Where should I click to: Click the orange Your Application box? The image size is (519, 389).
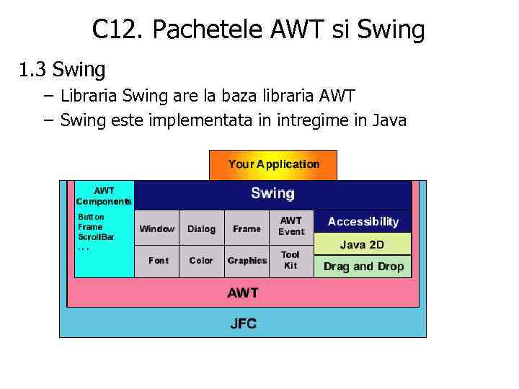pyautogui.click(x=273, y=164)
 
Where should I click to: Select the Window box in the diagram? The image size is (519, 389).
pyautogui.click(x=156, y=228)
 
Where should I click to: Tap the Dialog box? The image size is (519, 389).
pyautogui.click(x=201, y=228)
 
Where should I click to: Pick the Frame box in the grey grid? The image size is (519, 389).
pyautogui.click(x=247, y=228)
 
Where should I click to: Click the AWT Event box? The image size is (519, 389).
pyautogui.click(x=291, y=226)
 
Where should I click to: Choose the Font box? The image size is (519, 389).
pyautogui.click(x=158, y=260)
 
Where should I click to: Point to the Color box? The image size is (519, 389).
pyautogui.click(x=201, y=260)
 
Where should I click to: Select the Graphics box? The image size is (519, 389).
pyautogui.click(x=247, y=260)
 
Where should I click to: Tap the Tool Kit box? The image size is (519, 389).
pyautogui.click(x=290, y=260)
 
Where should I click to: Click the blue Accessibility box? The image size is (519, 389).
pyautogui.click(x=363, y=222)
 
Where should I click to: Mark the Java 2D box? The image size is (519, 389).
pyautogui.click(x=363, y=244)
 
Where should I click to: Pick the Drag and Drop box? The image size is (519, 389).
pyautogui.click(x=363, y=267)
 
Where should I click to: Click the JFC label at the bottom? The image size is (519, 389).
pyautogui.click(x=243, y=323)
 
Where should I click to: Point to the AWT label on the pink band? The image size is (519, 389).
pyautogui.click(x=243, y=292)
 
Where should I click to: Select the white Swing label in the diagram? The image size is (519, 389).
pyautogui.click(x=272, y=193)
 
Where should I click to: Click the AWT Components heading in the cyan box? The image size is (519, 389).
pyautogui.click(x=104, y=196)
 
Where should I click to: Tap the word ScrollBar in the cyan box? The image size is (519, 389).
pyautogui.click(x=96, y=236)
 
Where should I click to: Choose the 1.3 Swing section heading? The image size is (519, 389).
pyautogui.click(x=62, y=70)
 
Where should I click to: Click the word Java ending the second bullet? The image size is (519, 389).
pyautogui.click(x=390, y=120)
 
